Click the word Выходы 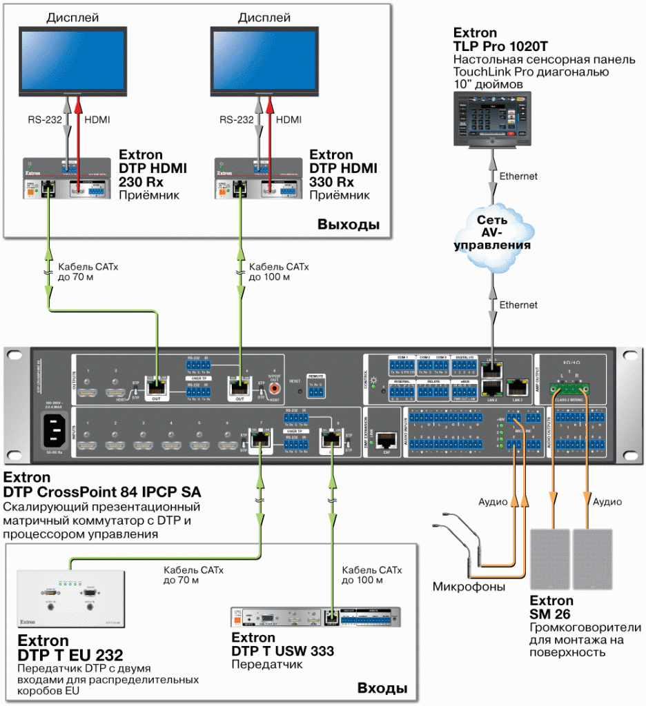point(349,225)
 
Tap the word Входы point(382,688)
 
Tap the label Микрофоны point(469,587)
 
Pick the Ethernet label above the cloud point(518,176)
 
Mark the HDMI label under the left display point(97,120)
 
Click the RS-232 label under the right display point(237,120)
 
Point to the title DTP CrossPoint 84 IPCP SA point(102,492)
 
